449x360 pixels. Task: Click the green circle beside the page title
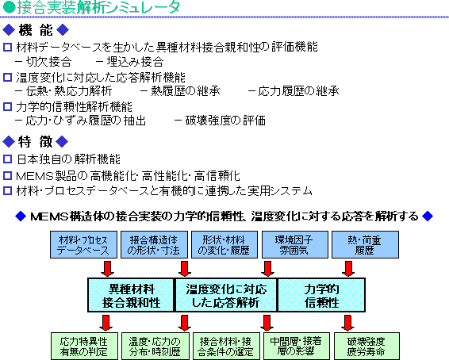click(x=9, y=7)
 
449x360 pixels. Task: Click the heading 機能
click(x=36, y=30)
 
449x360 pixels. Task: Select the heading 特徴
click(x=35, y=142)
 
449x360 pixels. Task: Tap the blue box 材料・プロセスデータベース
click(x=83, y=245)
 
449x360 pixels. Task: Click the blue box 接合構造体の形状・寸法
click(x=154, y=245)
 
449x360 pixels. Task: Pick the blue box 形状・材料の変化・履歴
click(x=224, y=245)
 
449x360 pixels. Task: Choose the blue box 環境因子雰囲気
click(x=294, y=245)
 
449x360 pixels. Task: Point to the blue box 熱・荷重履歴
click(x=365, y=245)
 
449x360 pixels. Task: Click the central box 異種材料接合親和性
click(x=131, y=295)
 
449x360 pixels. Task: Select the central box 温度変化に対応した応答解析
click(x=226, y=295)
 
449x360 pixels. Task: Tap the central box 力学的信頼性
click(x=321, y=295)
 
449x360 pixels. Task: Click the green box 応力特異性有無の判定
click(x=84, y=346)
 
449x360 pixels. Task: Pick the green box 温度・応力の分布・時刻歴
click(x=155, y=346)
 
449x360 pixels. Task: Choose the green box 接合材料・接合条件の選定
click(x=226, y=346)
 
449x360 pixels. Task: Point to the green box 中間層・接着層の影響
click(x=297, y=346)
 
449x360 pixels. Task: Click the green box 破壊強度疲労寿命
click(x=366, y=346)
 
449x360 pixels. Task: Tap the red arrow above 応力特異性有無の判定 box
click(x=106, y=323)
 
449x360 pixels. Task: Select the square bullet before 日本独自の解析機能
click(x=7, y=159)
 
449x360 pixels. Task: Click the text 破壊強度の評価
click(x=225, y=121)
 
